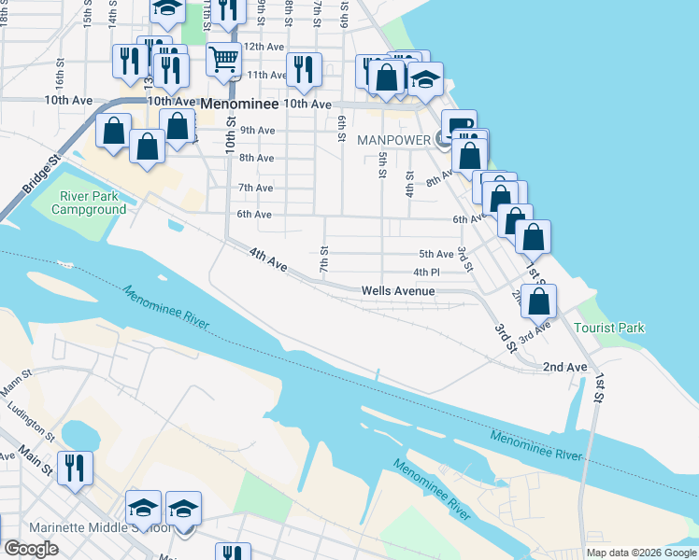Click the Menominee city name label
[x=239, y=104]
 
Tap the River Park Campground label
[x=89, y=203]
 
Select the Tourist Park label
[x=609, y=328]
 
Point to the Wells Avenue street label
[x=398, y=291]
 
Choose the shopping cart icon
[x=223, y=61]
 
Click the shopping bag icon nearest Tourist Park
[x=538, y=301]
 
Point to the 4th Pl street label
[x=426, y=273]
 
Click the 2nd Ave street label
[x=564, y=368]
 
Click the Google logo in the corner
[x=31, y=549]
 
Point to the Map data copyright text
[x=640, y=553]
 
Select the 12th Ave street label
[x=263, y=46]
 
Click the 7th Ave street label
[x=255, y=188]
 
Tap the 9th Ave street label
[x=256, y=131]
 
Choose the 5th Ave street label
[x=435, y=254]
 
